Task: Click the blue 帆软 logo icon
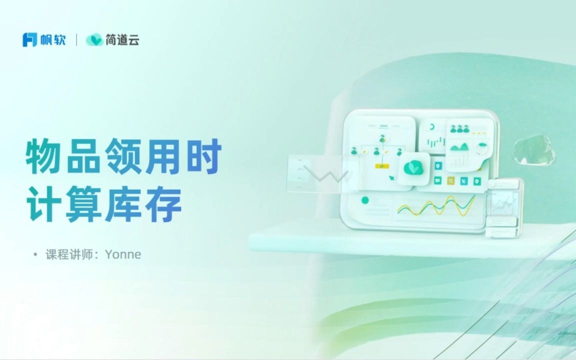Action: click(x=30, y=39)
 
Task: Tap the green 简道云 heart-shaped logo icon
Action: click(x=94, y=39)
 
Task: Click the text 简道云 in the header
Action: click(x=122, y=39)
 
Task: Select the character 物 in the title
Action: click(x=43, y=156)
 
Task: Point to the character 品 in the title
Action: click(x=83, y=156)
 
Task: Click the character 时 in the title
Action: click(x=204, y=156)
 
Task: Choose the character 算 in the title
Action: click(x=83, y=204)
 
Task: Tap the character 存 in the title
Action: click(x=164, y=204)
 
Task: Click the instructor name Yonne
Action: click(x=122, y=254)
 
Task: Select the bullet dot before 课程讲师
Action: click(x=35, y=254)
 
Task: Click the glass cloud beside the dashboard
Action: click(x=534, y=149)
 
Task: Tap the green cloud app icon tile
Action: click(x=413, y=168)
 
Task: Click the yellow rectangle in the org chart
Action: click(x=382, y=166)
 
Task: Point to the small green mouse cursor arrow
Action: click(x=392, y=178)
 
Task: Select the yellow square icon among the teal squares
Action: click(x=450, y=180)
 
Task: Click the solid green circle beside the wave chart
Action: click(x=365, y=200)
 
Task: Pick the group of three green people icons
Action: click(x=459, y=128)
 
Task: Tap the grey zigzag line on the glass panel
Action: click(x=326, y=174)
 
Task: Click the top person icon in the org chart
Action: click(x=382, y=138)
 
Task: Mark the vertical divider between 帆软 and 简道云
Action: click(x=76, y=39)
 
